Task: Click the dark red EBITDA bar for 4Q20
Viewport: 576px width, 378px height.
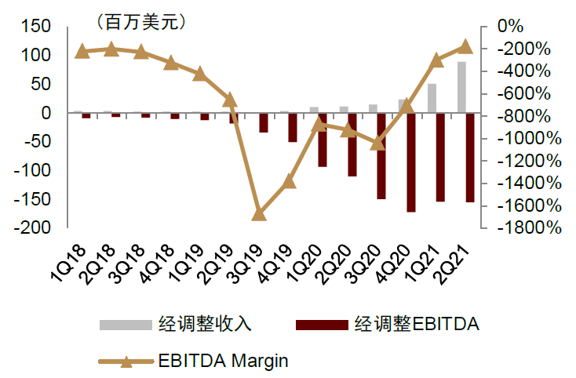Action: click(x=411, y=162)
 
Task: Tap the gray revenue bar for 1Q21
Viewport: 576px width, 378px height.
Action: click(x=432, y=98)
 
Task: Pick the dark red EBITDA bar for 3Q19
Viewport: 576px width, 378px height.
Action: click(x=264, y=122)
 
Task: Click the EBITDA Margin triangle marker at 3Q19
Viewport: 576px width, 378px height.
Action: click(x=259, y=213)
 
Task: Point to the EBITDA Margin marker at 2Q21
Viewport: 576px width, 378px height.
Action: click(x=465, y=46)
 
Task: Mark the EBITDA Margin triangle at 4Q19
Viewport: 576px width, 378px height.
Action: click(x=289, y=180)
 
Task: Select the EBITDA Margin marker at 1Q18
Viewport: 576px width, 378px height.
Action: click(x=82, y=52)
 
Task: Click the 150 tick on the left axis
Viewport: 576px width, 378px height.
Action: click(x=36, y=27)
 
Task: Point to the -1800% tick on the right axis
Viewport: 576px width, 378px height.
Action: click(x=531, y=228)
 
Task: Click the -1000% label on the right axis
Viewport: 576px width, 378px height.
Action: click(x=531, y=139)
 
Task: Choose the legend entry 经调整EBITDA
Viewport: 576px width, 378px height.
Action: click(x=416, y=323)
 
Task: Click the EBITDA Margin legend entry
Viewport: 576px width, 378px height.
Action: click(x=223, y=362)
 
